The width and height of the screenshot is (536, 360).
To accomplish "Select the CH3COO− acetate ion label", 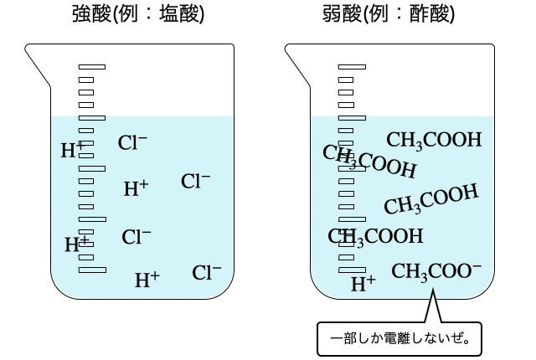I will (436, 270).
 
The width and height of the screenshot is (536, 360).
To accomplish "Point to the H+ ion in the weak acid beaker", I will (363, 283).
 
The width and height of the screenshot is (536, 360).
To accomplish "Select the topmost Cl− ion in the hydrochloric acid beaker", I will (133, 143).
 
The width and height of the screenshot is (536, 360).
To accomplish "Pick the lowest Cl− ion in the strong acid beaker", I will (207, 272).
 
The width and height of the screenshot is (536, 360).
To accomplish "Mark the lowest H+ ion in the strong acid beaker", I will (147, 280).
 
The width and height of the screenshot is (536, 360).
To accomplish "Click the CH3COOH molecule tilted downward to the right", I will (370, 161).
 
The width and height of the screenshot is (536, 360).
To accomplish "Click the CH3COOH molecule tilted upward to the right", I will (431, 199).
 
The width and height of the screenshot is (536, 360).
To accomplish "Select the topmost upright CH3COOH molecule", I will (434, 139).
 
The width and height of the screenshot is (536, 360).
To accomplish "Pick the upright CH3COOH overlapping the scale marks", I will (375, 236).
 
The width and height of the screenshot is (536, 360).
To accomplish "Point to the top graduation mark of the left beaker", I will (92, 66).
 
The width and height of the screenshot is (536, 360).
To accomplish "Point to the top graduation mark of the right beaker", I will (352, 66).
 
